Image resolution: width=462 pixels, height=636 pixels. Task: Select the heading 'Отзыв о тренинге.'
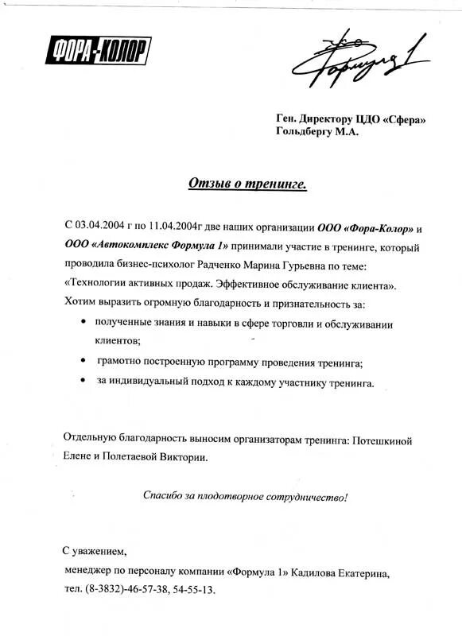[x=247, y=184]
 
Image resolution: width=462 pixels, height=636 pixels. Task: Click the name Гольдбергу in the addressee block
[x=305, y=133]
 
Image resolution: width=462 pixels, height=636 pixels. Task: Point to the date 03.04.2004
[x=101, y=228]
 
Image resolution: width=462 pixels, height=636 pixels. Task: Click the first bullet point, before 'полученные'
[x=85, y=322]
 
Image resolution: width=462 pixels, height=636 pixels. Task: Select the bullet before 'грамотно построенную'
[x=85, y=361]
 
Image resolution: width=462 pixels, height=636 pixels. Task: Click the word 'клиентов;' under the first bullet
[x=118, y=341]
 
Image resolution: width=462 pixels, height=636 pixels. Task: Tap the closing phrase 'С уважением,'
[x=94, y=550]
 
